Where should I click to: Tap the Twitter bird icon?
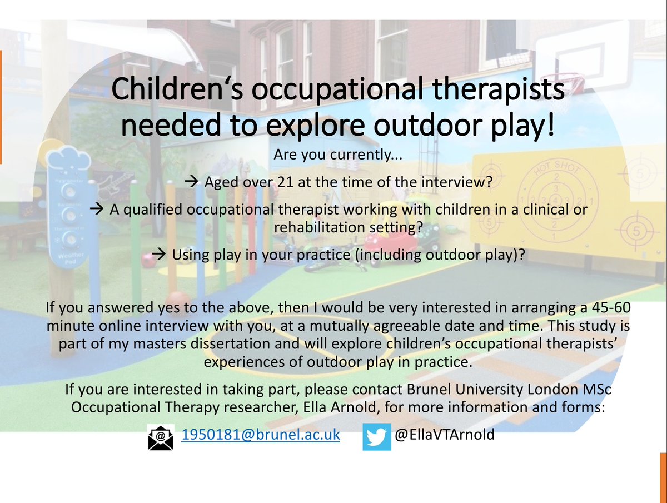pos(377,436)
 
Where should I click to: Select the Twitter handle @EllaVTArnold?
pos(444,435)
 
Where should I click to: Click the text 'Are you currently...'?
pos(333,155)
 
